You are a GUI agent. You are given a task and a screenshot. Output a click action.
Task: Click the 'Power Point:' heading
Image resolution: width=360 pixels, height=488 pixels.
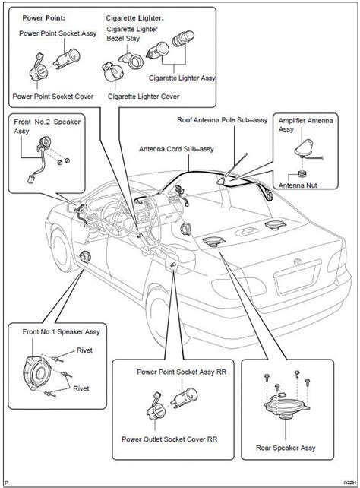(x=43, y=16)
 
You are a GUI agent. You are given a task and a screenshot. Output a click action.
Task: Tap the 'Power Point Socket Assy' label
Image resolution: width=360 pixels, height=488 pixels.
(x=58, y=34)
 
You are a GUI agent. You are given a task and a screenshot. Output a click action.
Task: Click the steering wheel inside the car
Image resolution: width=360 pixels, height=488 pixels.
(x=103, y=204)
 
